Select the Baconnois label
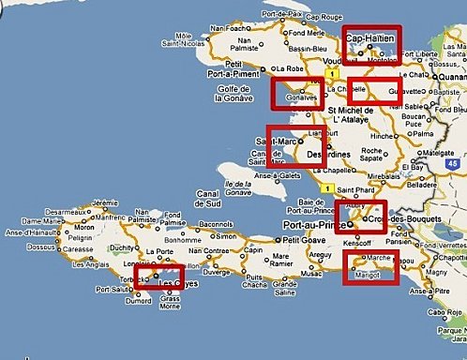[215, 225]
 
